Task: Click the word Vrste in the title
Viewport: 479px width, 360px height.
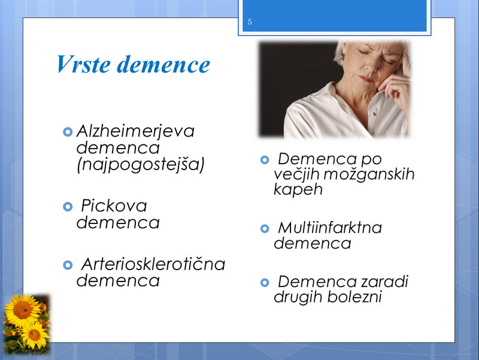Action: click(83, 64)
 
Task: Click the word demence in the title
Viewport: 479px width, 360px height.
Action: click(163, 65)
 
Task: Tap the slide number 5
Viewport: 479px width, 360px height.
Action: click(250, 22)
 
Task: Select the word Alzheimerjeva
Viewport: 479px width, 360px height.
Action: click(135, 132)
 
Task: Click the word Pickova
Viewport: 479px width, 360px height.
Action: click(114, 205)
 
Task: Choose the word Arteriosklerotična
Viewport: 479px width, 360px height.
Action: click(153, 264)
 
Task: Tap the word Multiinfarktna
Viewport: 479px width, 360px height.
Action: click(330, 228)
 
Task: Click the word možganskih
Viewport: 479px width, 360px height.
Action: click(369, 174)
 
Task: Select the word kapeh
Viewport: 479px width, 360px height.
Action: click(298, 189)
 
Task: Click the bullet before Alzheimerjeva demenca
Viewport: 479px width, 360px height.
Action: click(68, 132)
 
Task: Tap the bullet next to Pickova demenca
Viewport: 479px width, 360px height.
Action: click(68, 207)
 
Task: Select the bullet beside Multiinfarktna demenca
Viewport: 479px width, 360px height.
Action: click(265, 229)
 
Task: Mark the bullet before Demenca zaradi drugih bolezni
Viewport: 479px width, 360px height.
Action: click(265, 282)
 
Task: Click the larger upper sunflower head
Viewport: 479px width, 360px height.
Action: click(22, 310)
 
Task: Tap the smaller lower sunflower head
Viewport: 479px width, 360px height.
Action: click(35, 335)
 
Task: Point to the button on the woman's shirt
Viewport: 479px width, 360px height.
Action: click(374, 114)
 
